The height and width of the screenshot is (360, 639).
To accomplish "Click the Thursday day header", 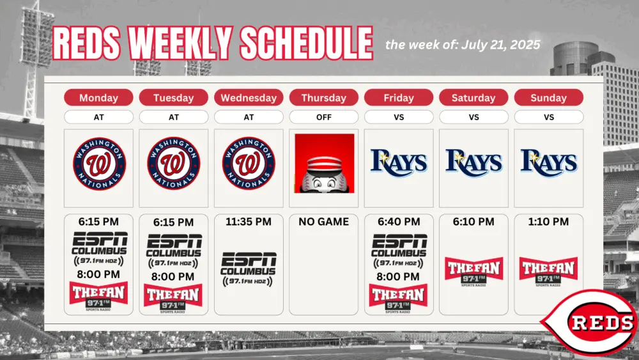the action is (323, 97).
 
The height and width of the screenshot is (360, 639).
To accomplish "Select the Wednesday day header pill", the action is (249, 97).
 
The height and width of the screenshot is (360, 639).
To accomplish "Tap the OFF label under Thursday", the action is (323, 117).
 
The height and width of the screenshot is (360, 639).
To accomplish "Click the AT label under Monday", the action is (98, 117).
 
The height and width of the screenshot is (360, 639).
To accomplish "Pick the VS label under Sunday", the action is (548, 117).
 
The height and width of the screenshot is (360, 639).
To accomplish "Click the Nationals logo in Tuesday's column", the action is (174, 163).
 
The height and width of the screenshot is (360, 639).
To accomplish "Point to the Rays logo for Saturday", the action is (473, 162).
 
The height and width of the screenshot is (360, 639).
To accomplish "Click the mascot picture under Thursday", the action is (325, 163).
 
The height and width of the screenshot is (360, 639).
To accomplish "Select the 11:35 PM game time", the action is (249, 222).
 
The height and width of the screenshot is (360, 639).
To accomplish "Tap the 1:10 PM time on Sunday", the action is (548, 222).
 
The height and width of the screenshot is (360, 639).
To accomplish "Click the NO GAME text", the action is (323, 222).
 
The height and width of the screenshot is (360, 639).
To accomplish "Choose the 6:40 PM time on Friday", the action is (399, 222).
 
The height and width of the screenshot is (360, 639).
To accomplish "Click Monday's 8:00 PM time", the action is (98, 274).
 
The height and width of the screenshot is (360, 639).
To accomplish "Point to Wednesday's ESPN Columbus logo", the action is (249, 269).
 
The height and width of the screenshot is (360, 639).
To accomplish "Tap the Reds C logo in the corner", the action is (589, 322).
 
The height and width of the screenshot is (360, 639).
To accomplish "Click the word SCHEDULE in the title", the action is (306, 43).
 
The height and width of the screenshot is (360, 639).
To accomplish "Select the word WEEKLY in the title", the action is (180, 43).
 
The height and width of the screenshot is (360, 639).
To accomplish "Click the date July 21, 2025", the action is (501, 45).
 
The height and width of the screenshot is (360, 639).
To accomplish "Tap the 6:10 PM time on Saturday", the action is (473, 222).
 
